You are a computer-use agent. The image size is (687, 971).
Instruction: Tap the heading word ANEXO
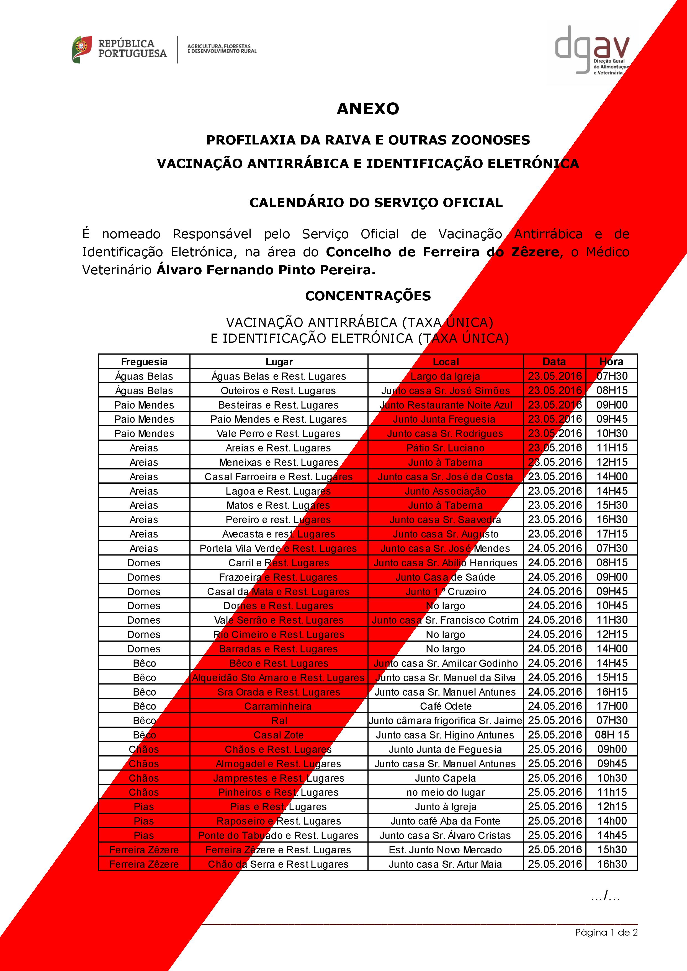point(368,109)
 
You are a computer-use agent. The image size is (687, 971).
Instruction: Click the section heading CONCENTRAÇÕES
point(368,296)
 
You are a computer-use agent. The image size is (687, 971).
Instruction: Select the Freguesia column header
point(144,361)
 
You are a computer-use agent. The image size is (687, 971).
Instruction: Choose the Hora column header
point(611,361)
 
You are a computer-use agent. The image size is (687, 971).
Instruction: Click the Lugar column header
point(279,361)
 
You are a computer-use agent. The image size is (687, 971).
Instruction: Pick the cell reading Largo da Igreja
point(446,376)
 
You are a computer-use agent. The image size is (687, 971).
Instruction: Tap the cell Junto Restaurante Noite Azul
point(446,405)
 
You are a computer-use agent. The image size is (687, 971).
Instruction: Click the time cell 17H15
point(612,534)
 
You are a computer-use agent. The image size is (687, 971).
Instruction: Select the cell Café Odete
point(446,706)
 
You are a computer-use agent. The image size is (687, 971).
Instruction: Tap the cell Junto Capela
point(446,778)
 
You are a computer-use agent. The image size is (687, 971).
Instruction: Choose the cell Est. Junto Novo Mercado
point(446,850)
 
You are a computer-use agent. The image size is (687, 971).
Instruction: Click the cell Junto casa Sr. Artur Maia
point(446,864)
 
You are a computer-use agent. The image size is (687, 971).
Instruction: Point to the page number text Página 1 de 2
point(606,932)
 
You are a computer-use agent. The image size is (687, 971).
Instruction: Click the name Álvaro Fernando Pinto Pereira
point(266,270)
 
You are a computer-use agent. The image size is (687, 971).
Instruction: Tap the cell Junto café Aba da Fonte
point(446,821)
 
